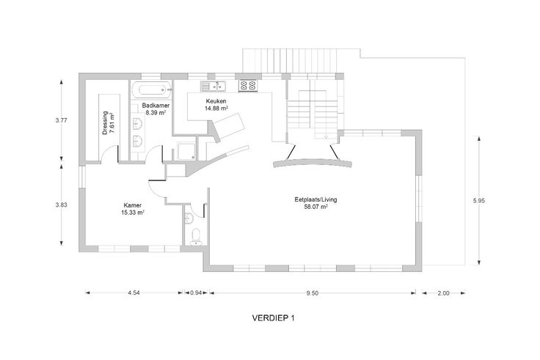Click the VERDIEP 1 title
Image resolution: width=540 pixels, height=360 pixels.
pos(273,318)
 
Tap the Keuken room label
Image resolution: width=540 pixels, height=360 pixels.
pos(216,101)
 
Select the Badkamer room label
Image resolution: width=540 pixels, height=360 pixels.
pos(156,106)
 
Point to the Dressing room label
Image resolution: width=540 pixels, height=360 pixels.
pos(106,123)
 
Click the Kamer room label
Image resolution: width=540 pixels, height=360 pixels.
pos(133,205)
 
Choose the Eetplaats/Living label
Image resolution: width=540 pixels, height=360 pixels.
pos(315,199)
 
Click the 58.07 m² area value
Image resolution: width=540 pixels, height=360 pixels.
pos(315,207)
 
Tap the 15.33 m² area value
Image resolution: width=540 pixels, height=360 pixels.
pos(133,213)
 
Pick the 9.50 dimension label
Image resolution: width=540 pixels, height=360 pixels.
pos(313,293)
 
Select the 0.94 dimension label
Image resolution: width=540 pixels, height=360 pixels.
pos(196,293)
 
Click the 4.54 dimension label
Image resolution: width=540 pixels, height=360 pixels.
pos(134,293)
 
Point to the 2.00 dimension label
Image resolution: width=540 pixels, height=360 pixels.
pos(444,293)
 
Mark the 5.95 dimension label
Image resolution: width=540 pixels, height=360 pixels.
pos(478,201)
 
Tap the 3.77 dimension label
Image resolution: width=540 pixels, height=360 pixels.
pos(62,120)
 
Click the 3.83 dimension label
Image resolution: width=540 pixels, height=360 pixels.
pos(62,205)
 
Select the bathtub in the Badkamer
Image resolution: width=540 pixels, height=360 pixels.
pos(152,90)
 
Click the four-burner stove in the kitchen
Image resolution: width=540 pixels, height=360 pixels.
pos(248,86)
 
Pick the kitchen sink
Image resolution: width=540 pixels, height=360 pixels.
pos(214,86)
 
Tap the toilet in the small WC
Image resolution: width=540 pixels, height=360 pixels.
pos(196,237)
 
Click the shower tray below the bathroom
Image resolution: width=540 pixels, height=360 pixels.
pos(186,152)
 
